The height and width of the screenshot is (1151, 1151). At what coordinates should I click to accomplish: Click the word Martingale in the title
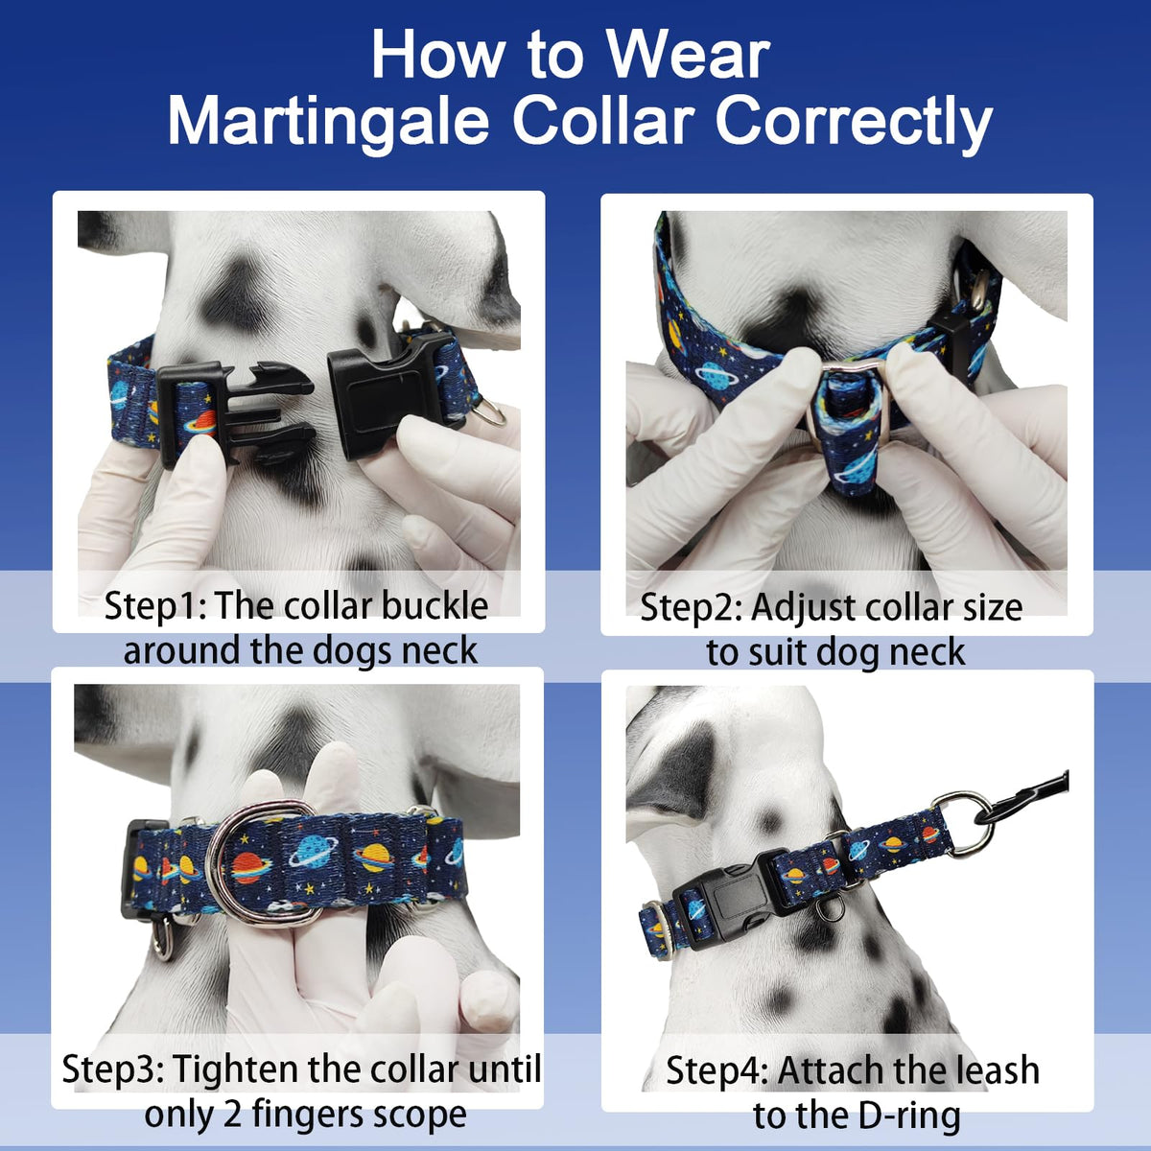point(329,122)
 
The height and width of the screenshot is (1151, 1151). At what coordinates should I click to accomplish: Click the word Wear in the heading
point(688,56)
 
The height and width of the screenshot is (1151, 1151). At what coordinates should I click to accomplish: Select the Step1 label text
point(155,607)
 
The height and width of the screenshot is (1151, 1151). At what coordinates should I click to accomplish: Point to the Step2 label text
point(691,608)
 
